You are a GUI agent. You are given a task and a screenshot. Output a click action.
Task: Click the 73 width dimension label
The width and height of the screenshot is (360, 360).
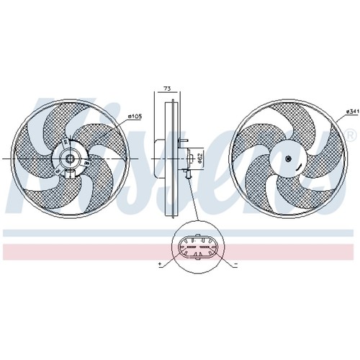167,89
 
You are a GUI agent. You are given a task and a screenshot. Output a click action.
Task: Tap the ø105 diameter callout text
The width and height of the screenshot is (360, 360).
135,117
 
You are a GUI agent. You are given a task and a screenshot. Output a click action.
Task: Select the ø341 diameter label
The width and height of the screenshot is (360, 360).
352,112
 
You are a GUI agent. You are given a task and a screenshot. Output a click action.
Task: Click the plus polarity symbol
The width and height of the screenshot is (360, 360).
160,264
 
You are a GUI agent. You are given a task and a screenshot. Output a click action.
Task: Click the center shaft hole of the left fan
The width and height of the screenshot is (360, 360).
71,158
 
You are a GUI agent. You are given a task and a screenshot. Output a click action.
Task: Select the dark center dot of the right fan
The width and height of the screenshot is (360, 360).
288,158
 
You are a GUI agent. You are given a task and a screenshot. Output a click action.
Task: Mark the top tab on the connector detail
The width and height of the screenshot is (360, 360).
198,235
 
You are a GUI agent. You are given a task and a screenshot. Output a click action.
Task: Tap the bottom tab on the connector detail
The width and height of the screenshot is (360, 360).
197,258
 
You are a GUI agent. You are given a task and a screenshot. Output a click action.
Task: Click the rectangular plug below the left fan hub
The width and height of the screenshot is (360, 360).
70,174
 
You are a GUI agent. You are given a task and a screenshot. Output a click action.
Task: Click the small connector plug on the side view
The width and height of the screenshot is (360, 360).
187,174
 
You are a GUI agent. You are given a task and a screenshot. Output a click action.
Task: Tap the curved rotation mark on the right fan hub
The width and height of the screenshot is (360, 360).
299,168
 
